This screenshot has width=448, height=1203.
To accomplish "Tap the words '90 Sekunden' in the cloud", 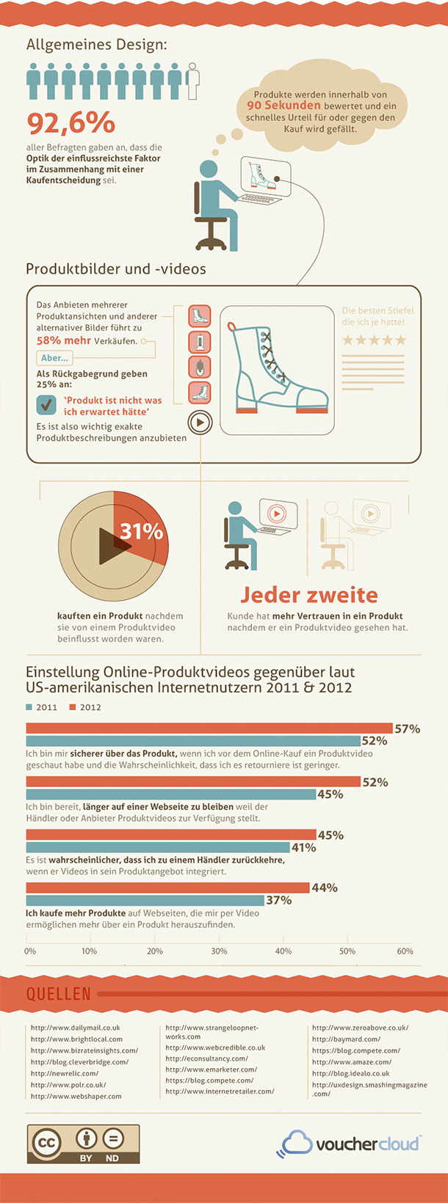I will [x=283, y=106].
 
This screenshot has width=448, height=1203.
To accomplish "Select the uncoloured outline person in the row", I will [x=193, y=81].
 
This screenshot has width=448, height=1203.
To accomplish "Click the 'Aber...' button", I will [x=54, y=358].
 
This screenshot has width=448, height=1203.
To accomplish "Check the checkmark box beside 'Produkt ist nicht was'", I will [x=46, y=404].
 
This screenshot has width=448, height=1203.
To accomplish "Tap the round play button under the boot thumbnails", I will [x=200, y=422].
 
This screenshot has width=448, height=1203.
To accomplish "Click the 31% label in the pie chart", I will [x=141, y=531].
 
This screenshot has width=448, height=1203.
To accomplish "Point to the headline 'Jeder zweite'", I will [x=309, y=595].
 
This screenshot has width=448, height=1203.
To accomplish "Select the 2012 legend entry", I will [x=86, y=707].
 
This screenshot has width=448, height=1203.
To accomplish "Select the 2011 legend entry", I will [x=42, y=707].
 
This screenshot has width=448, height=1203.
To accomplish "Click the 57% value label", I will [x=407, y=729].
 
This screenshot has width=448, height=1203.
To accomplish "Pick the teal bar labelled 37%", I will [x=145, y=900].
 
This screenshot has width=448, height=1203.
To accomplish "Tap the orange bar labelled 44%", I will [x=167, y=888].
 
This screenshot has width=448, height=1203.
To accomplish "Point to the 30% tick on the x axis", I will [x=219, y=951].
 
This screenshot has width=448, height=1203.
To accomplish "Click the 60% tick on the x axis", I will [x=405, y=951].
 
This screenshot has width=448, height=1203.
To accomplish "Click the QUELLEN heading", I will [x=59, y=994].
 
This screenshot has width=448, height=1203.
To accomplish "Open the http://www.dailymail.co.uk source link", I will [x=75, y=1028].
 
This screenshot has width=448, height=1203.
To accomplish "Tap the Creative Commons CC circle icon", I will [x=47, y=1142].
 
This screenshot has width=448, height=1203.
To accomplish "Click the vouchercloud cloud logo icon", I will [x=296, y=1144].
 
